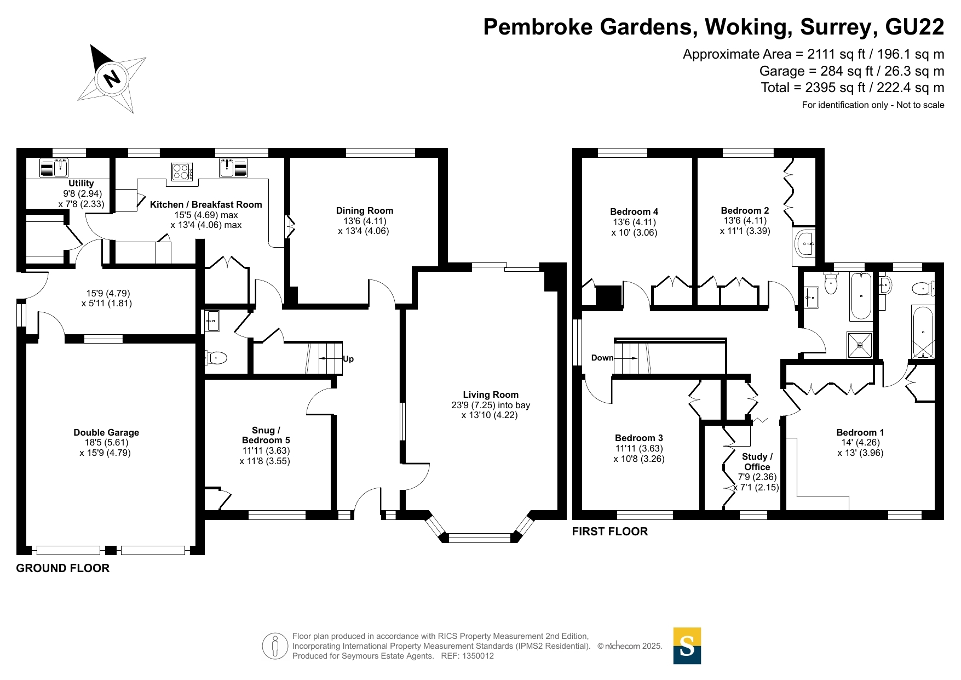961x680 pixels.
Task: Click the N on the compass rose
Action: click(x=112, y=78)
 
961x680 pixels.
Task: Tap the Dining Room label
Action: click(x=365, y=210)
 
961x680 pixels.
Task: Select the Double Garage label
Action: click(x=106, y=432)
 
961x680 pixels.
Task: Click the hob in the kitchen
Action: click(x=182, y=172)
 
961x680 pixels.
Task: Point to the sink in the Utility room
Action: click(x=54, y=168)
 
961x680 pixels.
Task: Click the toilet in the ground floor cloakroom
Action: click(x=215, y=358)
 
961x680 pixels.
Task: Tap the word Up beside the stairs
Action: click(x=348, y=359)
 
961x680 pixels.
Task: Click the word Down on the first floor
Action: click(x=602, y=358)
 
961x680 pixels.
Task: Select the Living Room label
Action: click(x=491, y=395)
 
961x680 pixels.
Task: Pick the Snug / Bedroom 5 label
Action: click(x=266, y=435)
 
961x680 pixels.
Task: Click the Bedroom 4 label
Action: click(x=634, y=212)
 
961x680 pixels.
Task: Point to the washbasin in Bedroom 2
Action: click(x=804, y=243)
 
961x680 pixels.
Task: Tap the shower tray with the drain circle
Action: click(x=860, y=345)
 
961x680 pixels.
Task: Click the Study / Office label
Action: click(x=757, y=461)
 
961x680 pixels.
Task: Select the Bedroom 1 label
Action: click(x=860, y=432)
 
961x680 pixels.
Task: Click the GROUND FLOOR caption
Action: click(x=63, y=568)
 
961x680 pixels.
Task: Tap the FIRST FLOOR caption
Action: click(x=610, y=532)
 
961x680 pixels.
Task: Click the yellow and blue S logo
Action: click(x=687, y=646)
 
